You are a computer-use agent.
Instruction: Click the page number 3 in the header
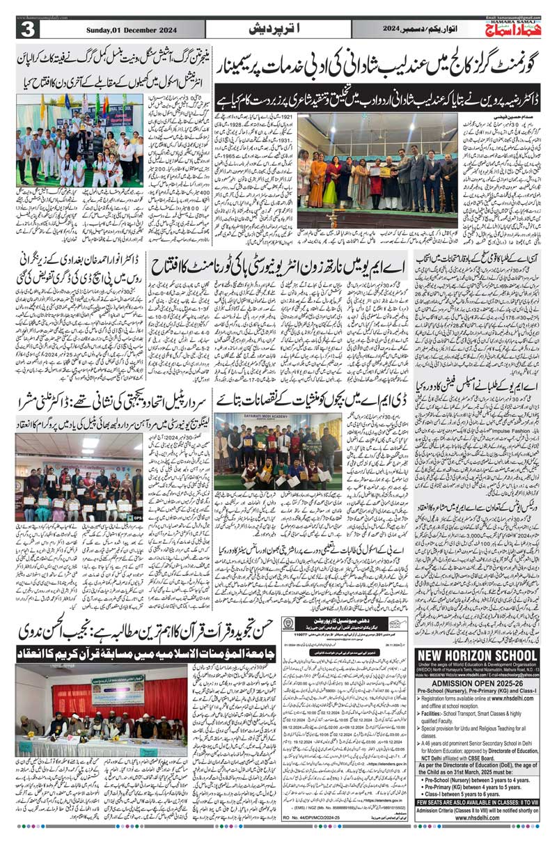point(28,29)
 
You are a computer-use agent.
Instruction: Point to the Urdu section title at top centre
point(279,29)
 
